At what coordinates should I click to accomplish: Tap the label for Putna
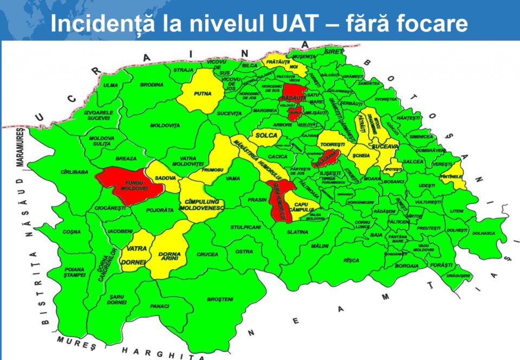click(203, 93)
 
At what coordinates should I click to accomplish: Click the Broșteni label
click(220, 299)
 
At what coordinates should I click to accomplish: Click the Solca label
click(266, 135)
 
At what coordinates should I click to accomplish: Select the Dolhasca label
click(484, 234)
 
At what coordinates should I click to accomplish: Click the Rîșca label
click(352, 260)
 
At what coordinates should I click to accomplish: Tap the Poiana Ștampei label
click(74, 272)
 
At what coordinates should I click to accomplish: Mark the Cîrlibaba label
click(75, 172)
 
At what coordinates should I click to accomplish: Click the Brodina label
click(152, 85)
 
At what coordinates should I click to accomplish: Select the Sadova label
click(165, 178)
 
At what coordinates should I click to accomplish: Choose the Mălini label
click(320, 246)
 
